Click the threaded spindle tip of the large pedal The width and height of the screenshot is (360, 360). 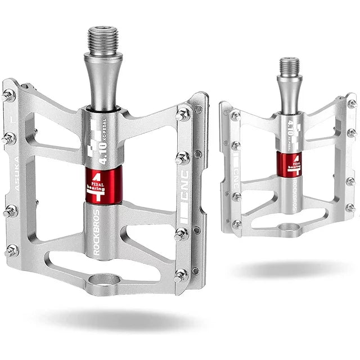pyautogui.click(x=103, y=39)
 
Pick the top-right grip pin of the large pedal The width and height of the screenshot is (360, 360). pyautogui.click(x=183, y=114)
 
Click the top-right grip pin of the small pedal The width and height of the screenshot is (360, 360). pyautogui.click(x=352, y=103)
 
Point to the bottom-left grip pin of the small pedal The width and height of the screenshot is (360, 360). pyautogui.click(x=237, y=224)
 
